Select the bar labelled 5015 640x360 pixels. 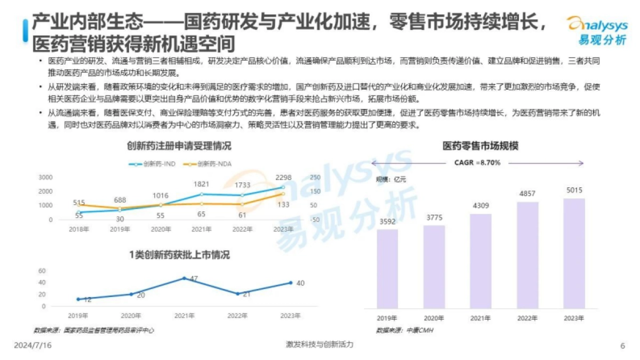pos(574,253)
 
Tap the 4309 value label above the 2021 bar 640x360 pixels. pos(481,205)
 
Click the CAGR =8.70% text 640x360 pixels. pos(477,163)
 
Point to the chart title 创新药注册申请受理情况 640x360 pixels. pos(179,146)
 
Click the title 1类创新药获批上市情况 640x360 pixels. pos(179,255)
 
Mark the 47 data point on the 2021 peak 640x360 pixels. pos(185,278)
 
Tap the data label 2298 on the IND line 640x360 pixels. pos(284,178)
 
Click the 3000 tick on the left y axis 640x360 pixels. pos(46,177)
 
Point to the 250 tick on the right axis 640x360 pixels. pos(315,177)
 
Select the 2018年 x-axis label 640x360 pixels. pos(78,229)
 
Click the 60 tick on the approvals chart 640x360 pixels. pos(42,270)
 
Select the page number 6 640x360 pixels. pos(622,346)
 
